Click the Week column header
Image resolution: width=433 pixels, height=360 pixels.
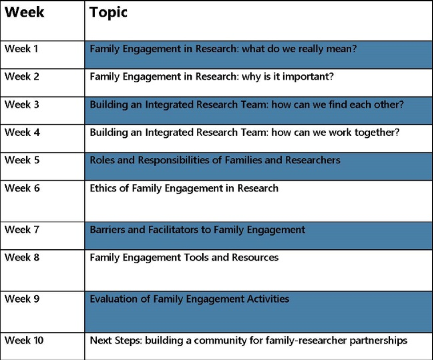tap(24, 12)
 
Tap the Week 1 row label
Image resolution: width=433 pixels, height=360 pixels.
tap(21, 48)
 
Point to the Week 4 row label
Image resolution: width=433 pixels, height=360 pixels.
tap(22, 132)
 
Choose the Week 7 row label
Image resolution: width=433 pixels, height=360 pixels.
tap(22, 229)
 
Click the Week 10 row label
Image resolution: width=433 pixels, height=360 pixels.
tap(24, 340)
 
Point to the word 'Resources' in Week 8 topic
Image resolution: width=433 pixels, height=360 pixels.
tap(255, 258)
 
